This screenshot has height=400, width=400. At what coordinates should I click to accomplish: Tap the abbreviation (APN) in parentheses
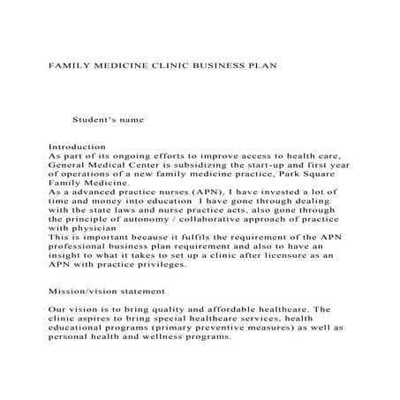(x=192, y=190)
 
